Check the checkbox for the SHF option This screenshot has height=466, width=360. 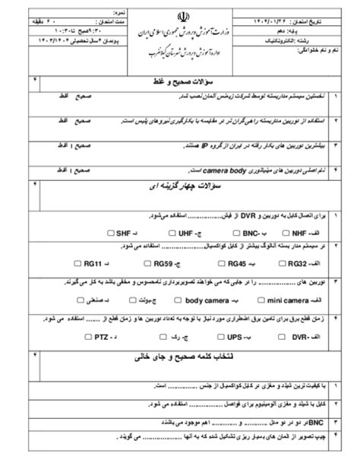[x=112, y=233]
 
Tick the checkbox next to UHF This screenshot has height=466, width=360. [x=173, y=233]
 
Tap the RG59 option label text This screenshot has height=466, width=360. [x=162, y=264]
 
